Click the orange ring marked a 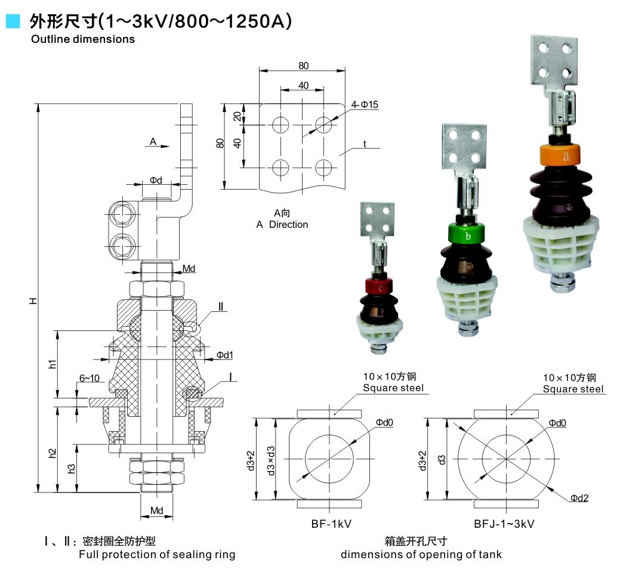[x=565, y=156]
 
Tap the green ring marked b [x=468, y=236]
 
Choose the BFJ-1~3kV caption [x=504, y=524]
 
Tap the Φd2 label [x=579, y=498]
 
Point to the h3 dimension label [x=72, y=468]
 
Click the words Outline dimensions [x=83, y=39]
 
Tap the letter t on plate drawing [x=364, y=144]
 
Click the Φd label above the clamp [x=155, y=180]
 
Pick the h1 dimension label [x=53, y=363]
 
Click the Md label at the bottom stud [x=156, y=511]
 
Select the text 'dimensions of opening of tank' [x=421, y=555]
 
